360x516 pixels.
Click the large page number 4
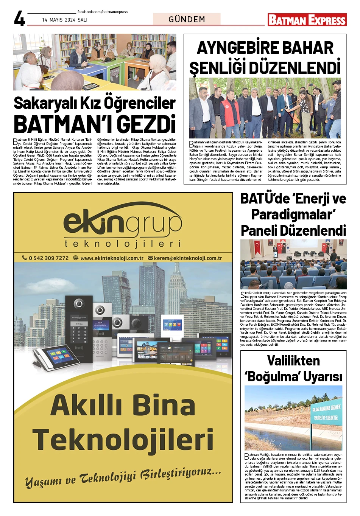(19, 19)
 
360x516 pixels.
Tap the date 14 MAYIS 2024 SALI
(65, 20)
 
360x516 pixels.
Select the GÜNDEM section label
(187, 19)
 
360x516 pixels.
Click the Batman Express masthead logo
(307, 20)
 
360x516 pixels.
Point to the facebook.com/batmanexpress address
(103, 12)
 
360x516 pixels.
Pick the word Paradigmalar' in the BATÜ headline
(293, 214)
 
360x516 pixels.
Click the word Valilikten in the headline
(293, 361)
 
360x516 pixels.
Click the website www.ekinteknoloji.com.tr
(112, 258)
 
